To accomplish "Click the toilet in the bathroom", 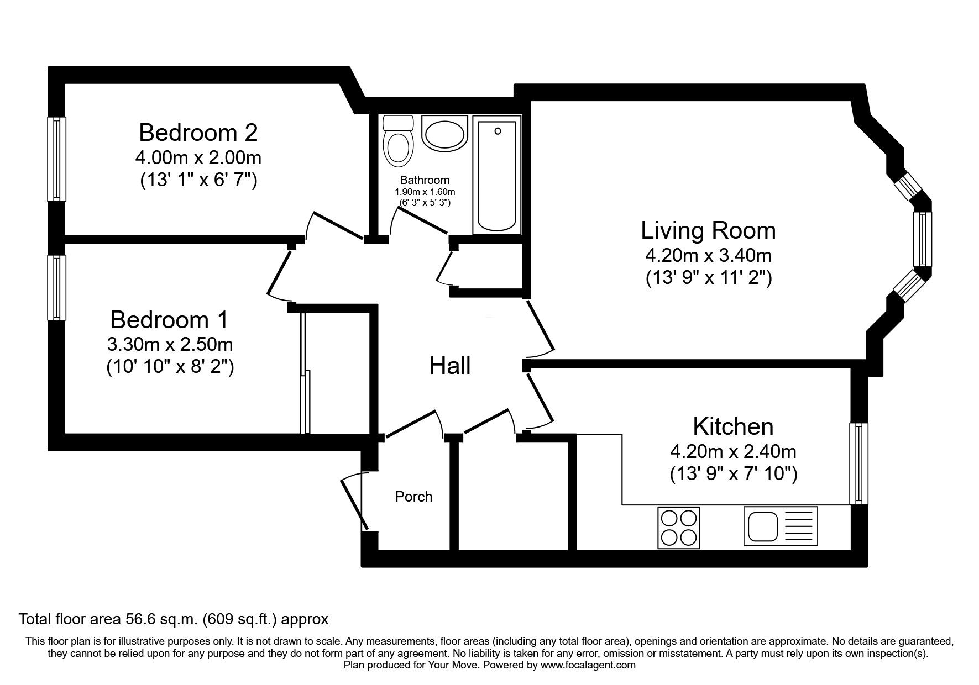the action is pos(398,140).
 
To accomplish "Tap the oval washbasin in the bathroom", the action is pos(444,131).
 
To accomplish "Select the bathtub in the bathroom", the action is pos(497,174).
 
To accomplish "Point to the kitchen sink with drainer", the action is pos(781,526).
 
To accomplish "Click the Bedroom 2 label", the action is pos(198,133).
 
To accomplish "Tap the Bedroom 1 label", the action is pos(169,320).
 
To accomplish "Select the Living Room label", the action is pos(708,230).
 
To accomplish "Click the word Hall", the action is pos(450,366).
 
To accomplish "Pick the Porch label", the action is pos(413,497).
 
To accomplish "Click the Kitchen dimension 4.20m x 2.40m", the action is pos(733,452).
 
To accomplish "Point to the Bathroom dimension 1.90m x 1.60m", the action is pos(425,192).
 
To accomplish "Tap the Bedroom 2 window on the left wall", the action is pos(56,159).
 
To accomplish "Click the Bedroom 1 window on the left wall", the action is pos(56,287).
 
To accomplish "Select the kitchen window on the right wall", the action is pos(858,463).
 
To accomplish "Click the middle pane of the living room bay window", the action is pos(923,239).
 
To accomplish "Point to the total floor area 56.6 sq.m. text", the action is pos(174,619).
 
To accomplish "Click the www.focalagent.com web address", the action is pos(588,665).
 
